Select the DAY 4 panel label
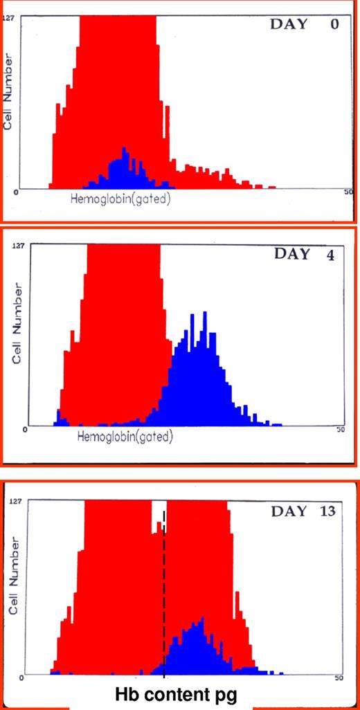[x=305, y=254]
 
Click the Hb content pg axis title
[x=179, y=694]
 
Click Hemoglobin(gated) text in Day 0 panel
[x=120, y=199]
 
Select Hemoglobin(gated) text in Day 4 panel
[x=125, y=437]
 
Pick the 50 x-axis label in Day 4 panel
[x=340, y=429]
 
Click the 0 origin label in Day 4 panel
[x=24, y=429]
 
